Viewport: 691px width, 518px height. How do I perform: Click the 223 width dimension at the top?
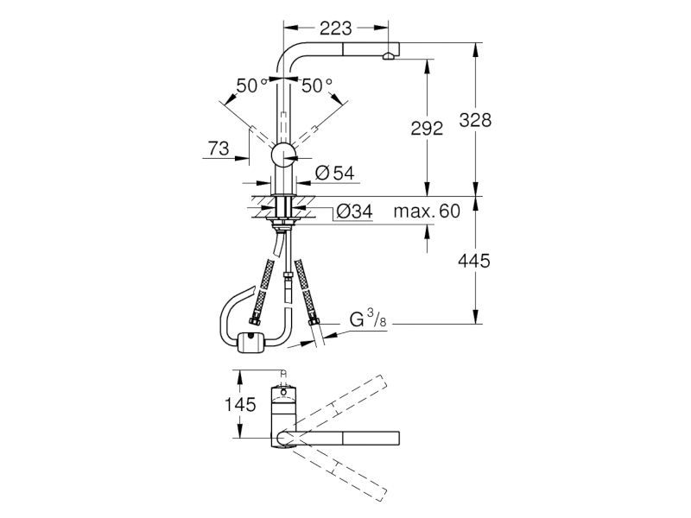pos(336,29)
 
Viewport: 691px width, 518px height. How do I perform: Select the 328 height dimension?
pos(475,120)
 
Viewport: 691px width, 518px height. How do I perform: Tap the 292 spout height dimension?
pos(427,128)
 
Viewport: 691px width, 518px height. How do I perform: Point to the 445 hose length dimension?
pos(474,262)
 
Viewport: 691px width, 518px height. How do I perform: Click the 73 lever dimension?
pos(219,148)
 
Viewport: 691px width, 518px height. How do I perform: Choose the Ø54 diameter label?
pos(335,174)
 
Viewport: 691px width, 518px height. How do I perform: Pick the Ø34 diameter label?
pos(355,212)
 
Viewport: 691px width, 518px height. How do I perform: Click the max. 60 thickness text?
pos(427,212)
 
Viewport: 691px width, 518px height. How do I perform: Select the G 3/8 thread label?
pos(368,319)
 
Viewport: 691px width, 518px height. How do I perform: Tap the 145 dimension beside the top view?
pos(240,404)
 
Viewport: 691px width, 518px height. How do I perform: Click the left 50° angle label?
pos(252,85)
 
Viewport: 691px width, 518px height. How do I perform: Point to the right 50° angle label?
pos(317,85)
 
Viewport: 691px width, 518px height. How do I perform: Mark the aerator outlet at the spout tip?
pos(388,56)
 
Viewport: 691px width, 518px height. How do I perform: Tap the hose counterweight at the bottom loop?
pos(250,342)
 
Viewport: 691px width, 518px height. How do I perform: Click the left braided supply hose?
pos(262,292)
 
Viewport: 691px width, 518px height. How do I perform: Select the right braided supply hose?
pos(307,293)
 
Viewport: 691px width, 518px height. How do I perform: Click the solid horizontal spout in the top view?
pos(339,439)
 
